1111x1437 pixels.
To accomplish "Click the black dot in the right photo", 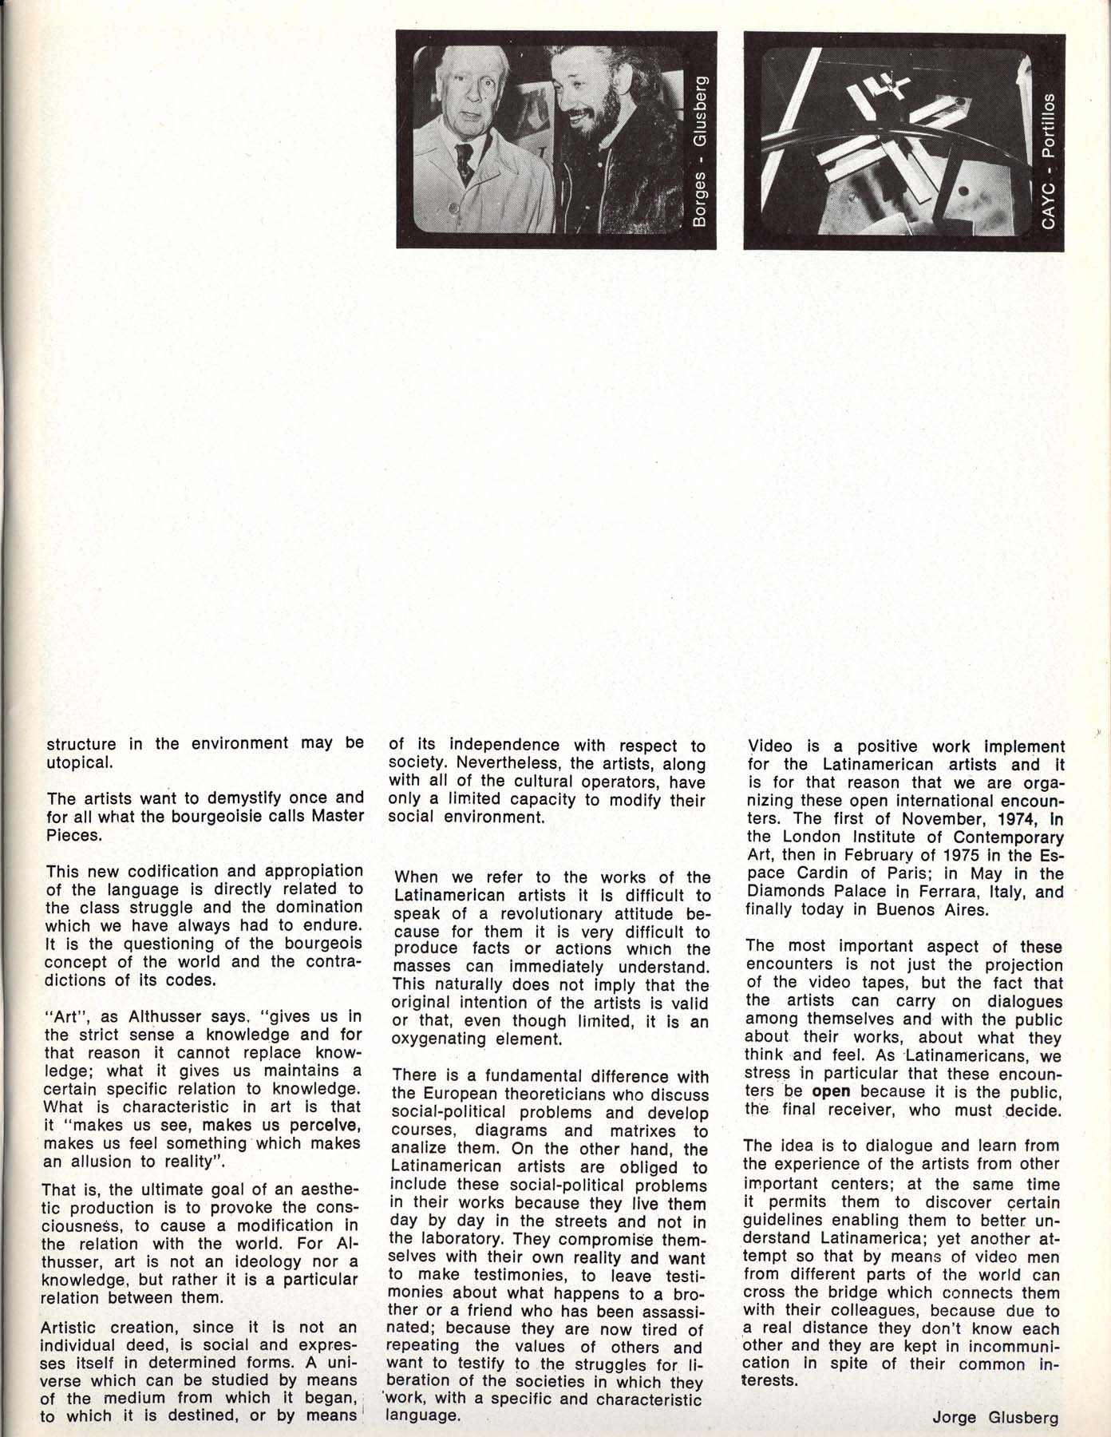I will (x=963, y=192).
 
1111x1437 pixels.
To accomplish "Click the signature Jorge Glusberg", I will (x=994, y=1418).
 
